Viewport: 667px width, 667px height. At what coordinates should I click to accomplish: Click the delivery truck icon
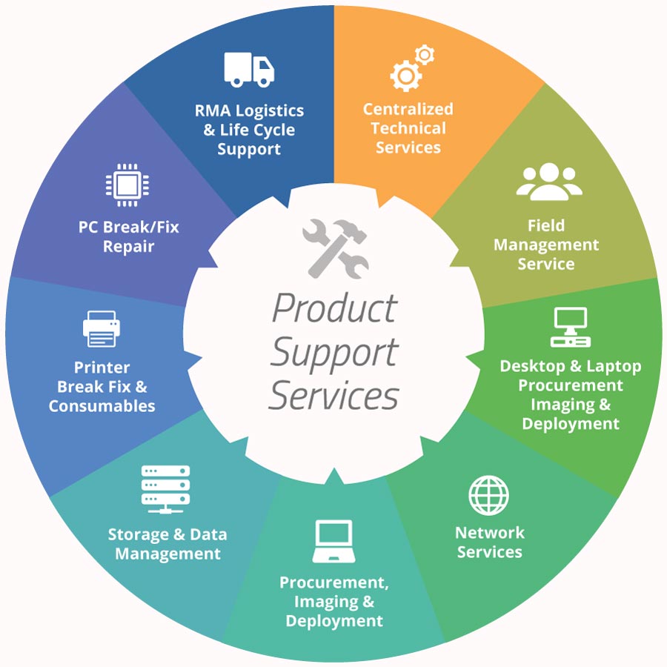click(x=249, y=68)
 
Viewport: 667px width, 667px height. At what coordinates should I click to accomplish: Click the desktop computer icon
click(x=570, y=327)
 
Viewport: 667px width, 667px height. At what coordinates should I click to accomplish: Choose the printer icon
click(x=101, y=329)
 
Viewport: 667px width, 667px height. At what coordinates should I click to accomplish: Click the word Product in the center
click(x=334, y=308)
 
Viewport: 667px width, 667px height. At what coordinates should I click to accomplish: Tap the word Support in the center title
click(x=333, y=352)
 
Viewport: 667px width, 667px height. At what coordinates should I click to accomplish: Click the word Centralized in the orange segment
click(x=408, y=109)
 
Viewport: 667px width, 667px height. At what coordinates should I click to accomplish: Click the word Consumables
click(x=102, y=406)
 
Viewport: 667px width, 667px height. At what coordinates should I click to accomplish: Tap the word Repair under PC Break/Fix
click(x=128, y=247)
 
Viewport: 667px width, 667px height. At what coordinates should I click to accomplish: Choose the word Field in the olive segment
click(x=545, y=225)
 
